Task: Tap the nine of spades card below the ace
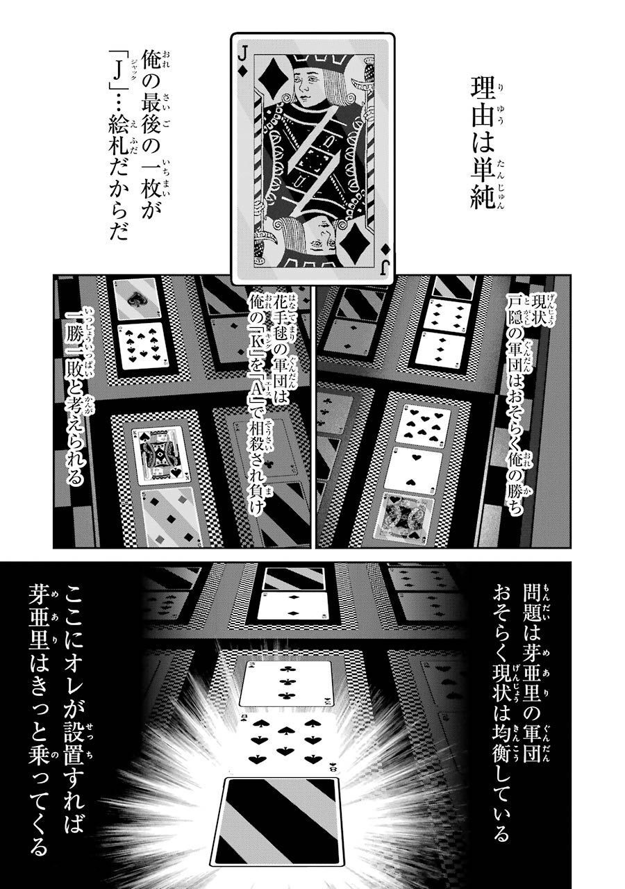[x=140, y=347]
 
